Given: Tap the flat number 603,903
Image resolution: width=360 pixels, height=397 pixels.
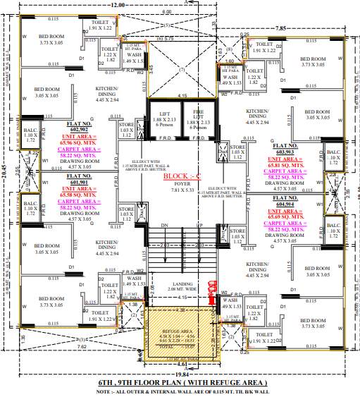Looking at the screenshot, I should pos(285,151).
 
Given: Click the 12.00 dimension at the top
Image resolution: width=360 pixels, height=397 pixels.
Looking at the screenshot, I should pos(118,4).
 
